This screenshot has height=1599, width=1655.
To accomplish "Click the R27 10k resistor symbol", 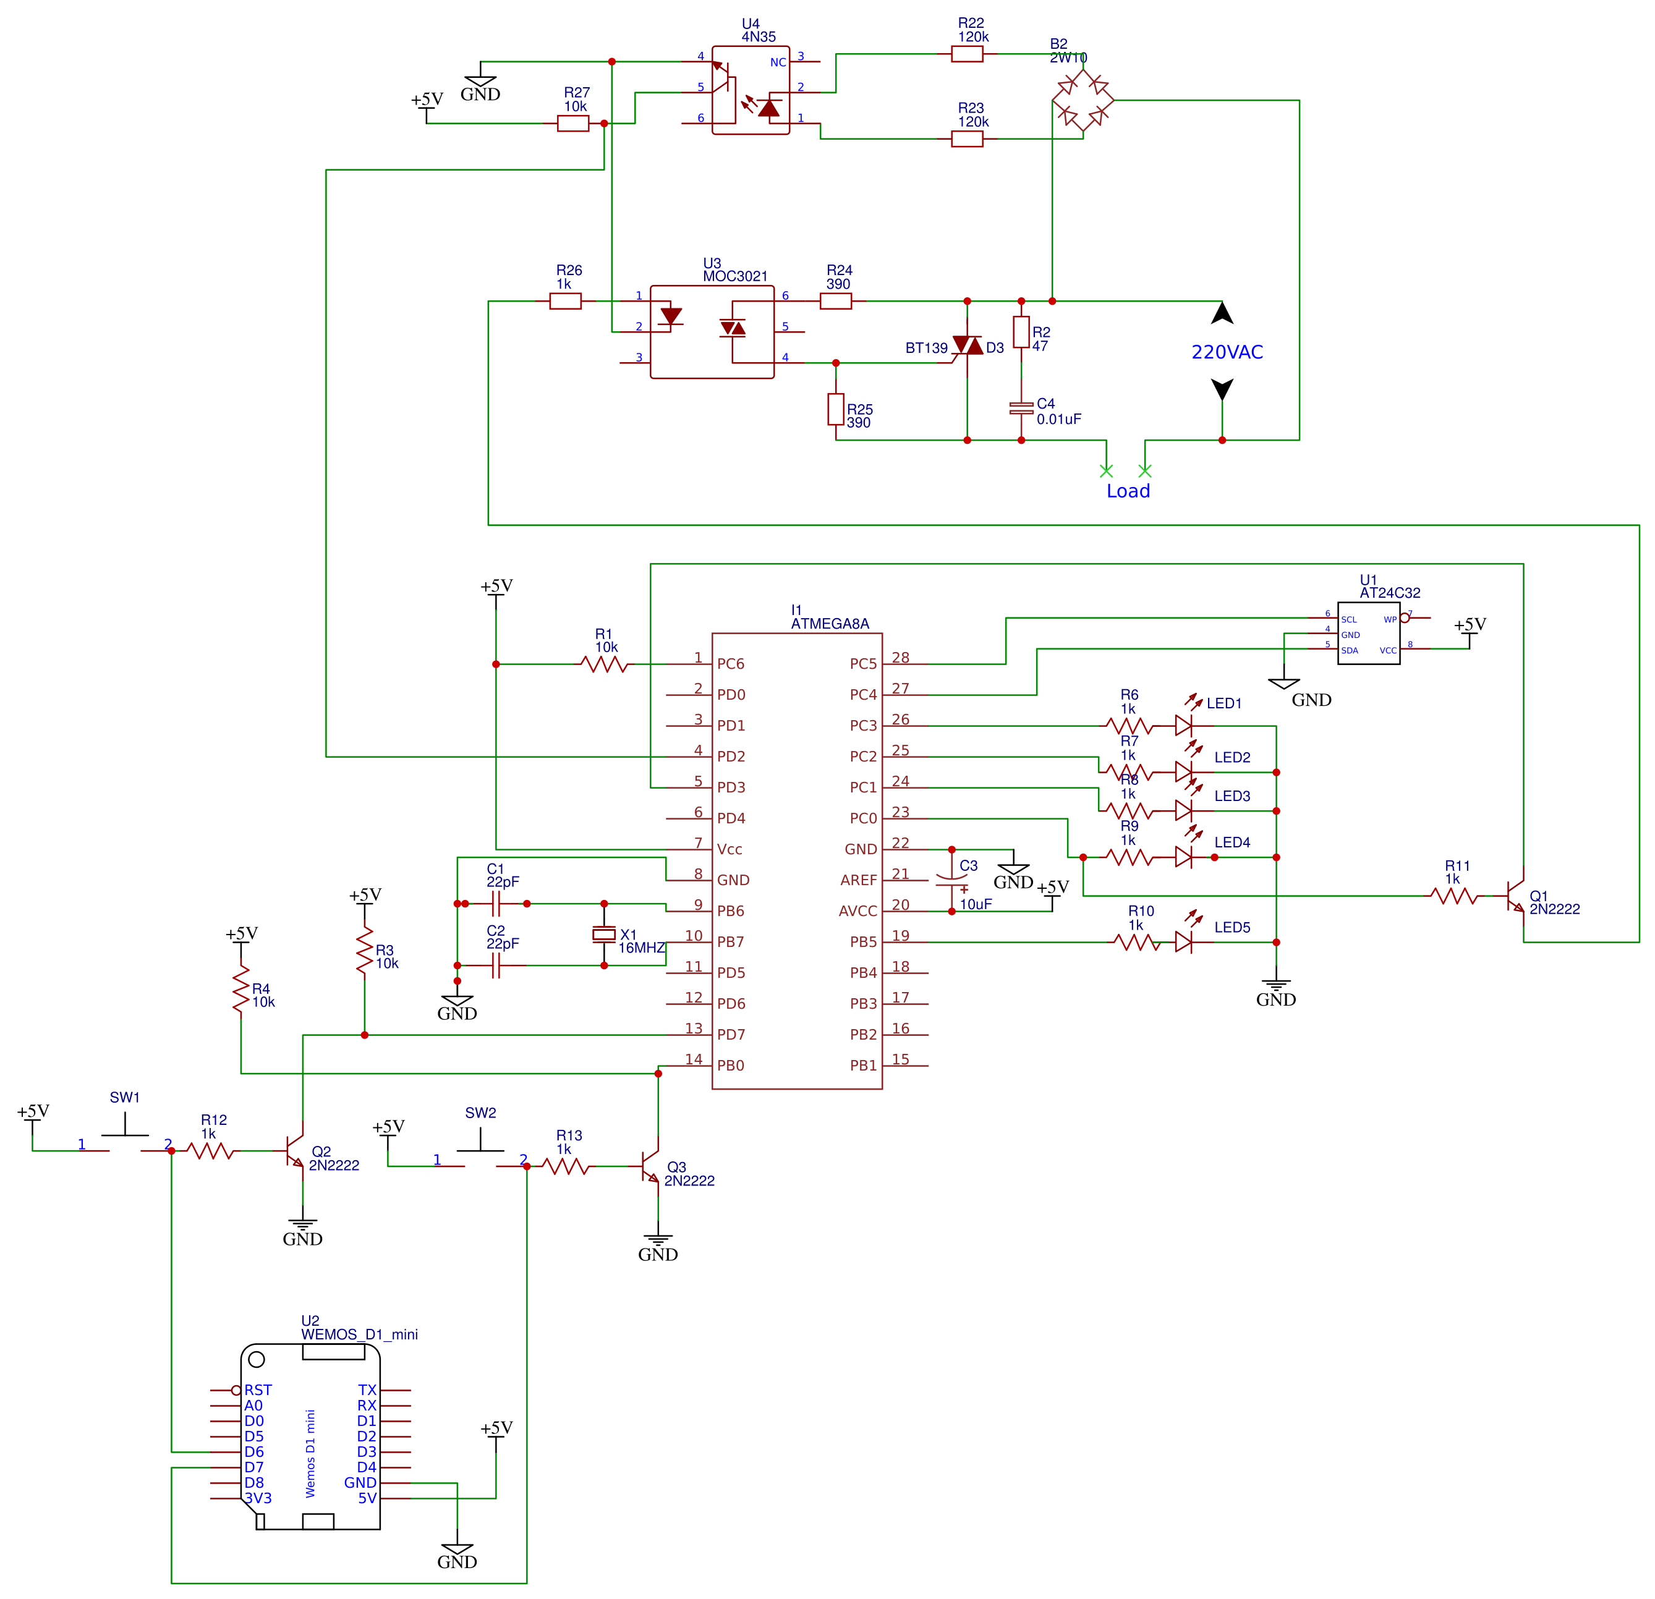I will pos(573,123).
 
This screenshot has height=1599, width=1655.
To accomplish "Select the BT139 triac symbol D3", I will pos(968,346).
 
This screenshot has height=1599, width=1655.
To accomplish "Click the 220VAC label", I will pos(1227,352).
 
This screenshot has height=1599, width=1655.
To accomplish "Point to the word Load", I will pos(1128,491).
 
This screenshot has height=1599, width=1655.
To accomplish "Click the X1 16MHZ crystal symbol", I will pos(604,934).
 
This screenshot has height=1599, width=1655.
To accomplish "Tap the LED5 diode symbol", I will pos(1184,942).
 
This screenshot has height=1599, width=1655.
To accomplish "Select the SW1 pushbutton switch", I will pos(125,1135).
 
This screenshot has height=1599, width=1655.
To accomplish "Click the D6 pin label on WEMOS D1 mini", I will pos(254,1452).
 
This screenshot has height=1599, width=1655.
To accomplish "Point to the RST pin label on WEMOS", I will pos(258,1389).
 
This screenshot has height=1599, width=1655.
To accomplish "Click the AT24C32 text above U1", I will pos(1390,593).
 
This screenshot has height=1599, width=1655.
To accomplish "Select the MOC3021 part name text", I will pos(736,276).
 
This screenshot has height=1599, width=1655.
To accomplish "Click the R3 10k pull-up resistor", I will pos(364,951).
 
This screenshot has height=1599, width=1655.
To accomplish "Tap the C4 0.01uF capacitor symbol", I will pos(1021,409).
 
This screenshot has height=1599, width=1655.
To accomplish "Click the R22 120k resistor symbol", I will pos(967,54).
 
